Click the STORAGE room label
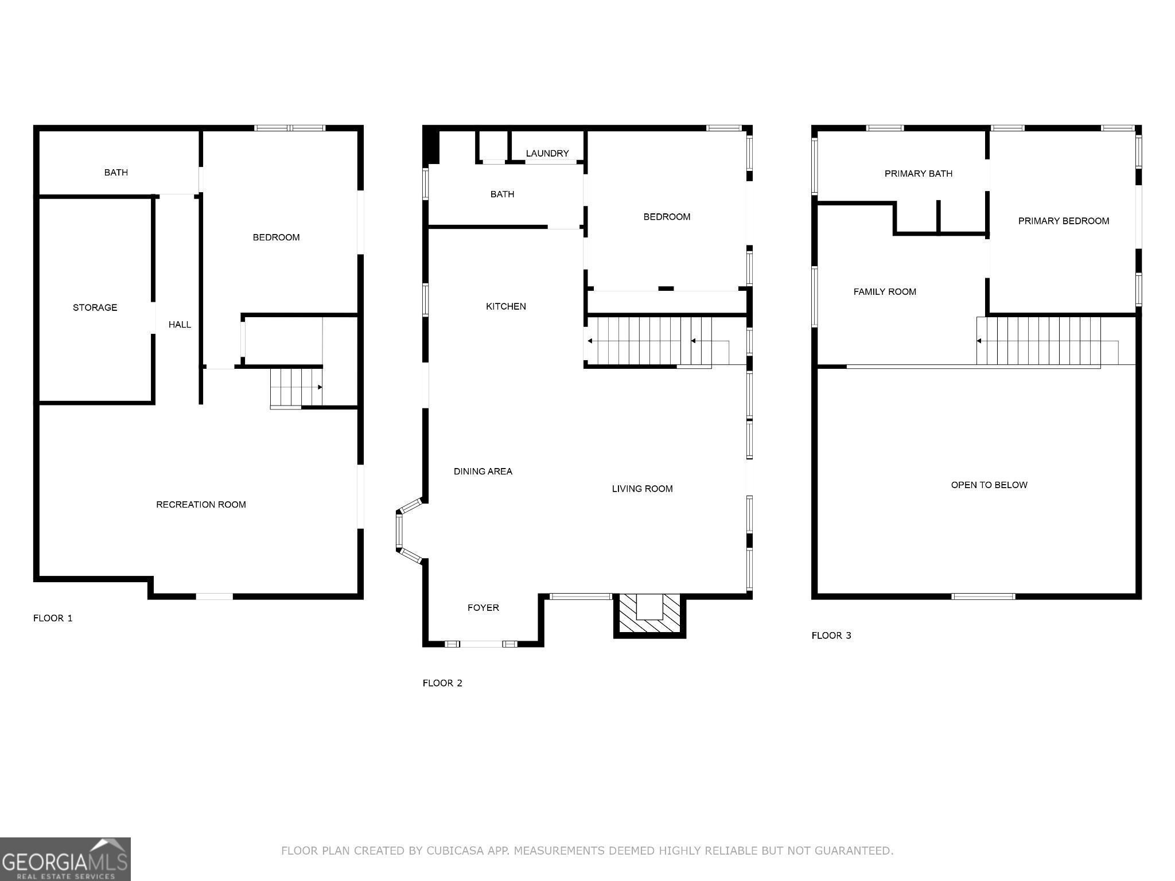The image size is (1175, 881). (x=95, y=307)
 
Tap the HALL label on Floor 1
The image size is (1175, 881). (x=180, y=325)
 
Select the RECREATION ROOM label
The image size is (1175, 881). (x=201, y=505)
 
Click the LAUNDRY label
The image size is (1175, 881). (x=547, y=153)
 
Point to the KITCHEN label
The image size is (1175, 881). (x=506, y=306)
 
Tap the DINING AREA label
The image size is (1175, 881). (x=483, y=471)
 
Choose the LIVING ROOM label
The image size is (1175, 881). (x=642, y=489)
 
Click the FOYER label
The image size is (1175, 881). (x=483, y=607)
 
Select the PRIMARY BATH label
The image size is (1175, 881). (x=919, y=173)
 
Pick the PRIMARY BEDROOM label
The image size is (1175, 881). (x=1064, y=221)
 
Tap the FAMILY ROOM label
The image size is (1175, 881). (x=885, y=292)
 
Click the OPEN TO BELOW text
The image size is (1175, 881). (x=989, y=485)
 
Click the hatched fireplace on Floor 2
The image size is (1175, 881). (x=649, y=616)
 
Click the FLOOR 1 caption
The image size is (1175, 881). (x=53, y=618)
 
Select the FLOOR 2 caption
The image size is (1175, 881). (x=442, y=683)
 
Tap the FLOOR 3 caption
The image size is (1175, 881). (x=831, y=636)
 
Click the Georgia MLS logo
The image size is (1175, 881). (x=65, y=859)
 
